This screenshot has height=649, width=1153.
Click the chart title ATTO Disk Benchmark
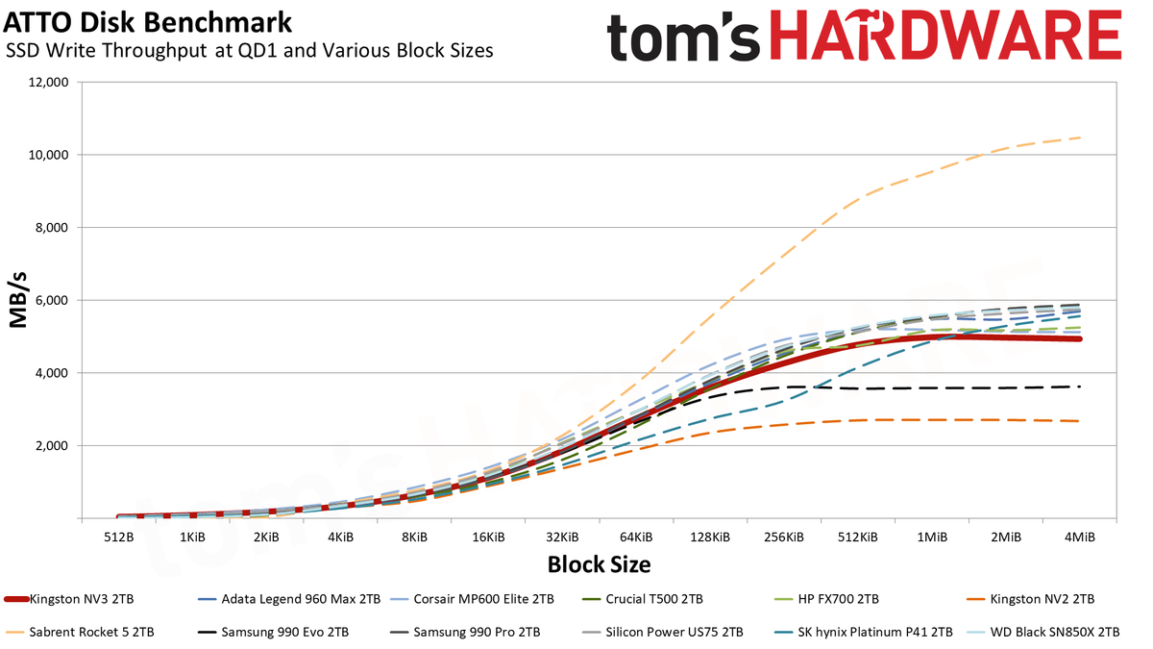point(148,23)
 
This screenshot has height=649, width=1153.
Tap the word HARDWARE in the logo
point(945,37)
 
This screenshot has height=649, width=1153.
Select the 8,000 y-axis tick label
point(51,228)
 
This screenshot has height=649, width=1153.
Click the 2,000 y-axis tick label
point(51,446)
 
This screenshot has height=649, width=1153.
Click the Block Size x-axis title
point(599,564)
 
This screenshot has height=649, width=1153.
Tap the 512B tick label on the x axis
point(119,537)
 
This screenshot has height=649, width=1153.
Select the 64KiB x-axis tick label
point(636,537)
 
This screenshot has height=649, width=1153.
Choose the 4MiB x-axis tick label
point(1080,537)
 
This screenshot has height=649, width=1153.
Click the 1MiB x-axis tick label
point(932,537)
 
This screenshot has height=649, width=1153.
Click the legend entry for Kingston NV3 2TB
point(69,600)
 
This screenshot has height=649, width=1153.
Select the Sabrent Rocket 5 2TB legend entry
point(79,632)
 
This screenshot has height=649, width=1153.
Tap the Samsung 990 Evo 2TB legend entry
point(273,632)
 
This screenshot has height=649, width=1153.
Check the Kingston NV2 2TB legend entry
point(1030,600)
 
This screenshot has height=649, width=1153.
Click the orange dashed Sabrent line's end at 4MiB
point(1080,137)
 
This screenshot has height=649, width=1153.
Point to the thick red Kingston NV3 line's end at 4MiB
point(1080,338)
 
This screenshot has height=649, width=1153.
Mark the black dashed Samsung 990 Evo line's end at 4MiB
point(1080,387)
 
